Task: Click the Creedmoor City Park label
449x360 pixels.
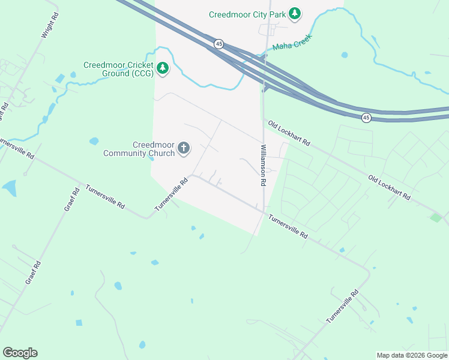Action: [247, 14]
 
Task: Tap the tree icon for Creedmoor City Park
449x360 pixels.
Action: [294, 13]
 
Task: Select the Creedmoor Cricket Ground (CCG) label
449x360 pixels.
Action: [118, 69]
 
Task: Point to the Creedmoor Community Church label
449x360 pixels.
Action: [139, 149]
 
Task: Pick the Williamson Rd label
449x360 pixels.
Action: [263, 165]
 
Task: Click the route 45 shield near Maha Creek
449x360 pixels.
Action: [219, 44]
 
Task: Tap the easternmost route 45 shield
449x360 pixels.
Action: [366, 118]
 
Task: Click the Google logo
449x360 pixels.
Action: [20, 353]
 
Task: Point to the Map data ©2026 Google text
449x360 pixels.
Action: [412, 355]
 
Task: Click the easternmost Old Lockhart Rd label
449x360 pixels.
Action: [389, 188]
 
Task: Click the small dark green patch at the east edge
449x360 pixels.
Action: [436, 217]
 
